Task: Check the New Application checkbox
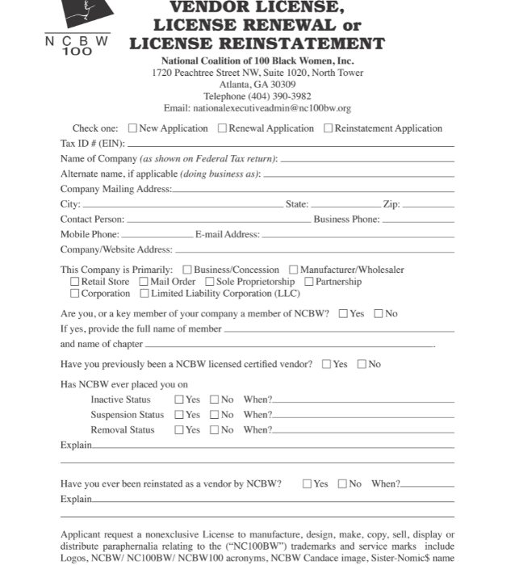(x=132, y=128)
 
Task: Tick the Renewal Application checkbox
(x=223, y=128)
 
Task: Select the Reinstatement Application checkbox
(x=328, y=128)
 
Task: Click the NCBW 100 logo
(x=77, y=27)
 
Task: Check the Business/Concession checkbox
(x=187, y=270)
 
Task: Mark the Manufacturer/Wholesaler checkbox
(x=294, y=270)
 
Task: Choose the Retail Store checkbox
(x=75, y=282)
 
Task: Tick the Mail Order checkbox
(x=144, y=282)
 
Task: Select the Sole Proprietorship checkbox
(x=209, y=282)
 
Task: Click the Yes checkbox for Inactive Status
(x=179, y=400)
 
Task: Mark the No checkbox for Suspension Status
(x=215, y=415)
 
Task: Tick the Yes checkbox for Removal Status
(x=179, y=430)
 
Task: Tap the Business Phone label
(x=346, y=219)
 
